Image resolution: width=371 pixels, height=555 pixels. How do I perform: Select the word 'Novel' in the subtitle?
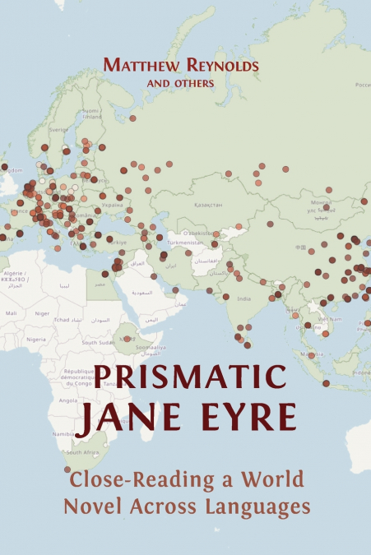pyautogui.click(x=88, y=507)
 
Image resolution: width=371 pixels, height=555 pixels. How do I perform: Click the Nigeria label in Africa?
pyautogui.click(x=35, y=339)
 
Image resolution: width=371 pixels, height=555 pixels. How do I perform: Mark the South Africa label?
pyautogui.click(x=83, y=452)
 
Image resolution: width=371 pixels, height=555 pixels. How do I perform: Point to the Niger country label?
pyautogui.click(x=42, y=313)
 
